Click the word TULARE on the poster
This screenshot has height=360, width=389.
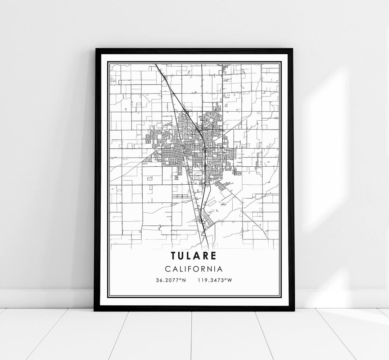point(194,256)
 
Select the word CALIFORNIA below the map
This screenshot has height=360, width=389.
point(194,269)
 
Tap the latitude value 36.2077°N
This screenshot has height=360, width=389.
point(170,280)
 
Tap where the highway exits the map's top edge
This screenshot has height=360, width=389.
point(156,64)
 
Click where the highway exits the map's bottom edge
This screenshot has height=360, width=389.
point(209,248)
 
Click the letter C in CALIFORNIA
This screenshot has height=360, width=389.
point(168,269)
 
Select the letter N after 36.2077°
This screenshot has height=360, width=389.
point(184,280)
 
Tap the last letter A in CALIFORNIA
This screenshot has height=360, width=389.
point(220,269)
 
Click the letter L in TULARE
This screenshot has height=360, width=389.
point(191,256)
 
